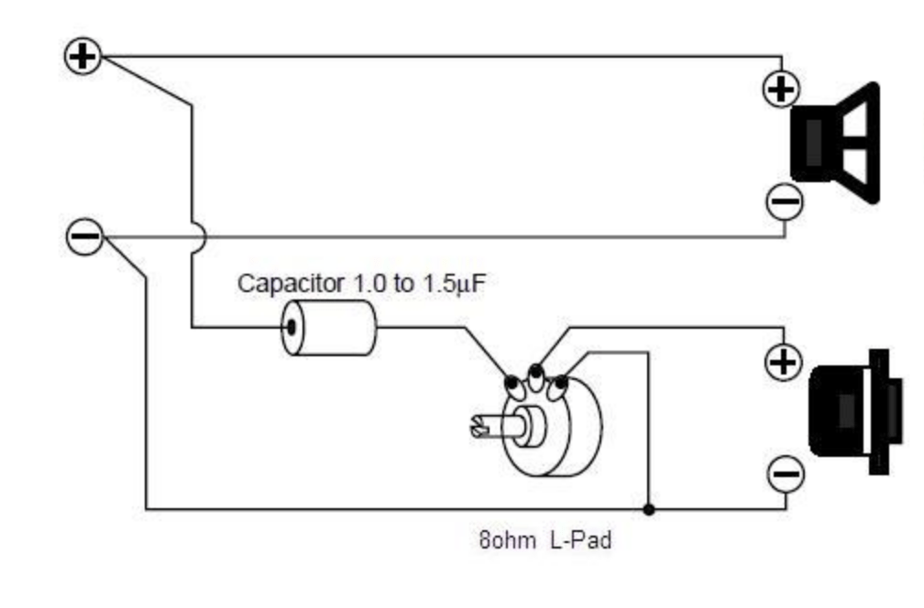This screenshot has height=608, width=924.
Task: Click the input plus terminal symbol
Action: click(x=82, y=57)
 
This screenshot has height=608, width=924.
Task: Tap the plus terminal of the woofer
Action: click(x=782, y=90)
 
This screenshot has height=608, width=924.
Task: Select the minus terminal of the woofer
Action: click(x=785, y=201)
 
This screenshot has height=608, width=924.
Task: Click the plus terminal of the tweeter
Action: click(x=783, y=363)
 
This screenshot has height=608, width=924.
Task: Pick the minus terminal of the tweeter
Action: click(x=785, y=473)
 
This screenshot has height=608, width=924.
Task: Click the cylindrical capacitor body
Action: click(x=329, y=327)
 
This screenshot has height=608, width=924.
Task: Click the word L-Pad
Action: click(x=580, y=540)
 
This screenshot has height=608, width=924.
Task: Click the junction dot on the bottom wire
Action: click(x=649, y=508)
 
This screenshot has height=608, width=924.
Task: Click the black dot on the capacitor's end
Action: click(x=291, y=327)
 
